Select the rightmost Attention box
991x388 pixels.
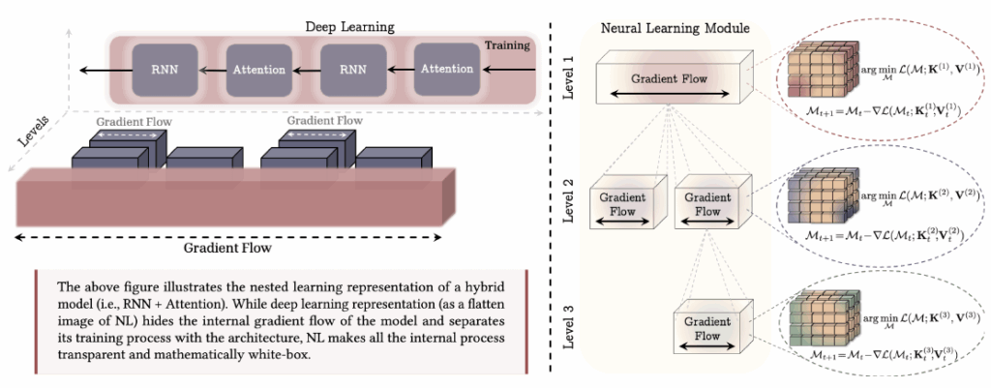pyautogui.click(x=446, y=69)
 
